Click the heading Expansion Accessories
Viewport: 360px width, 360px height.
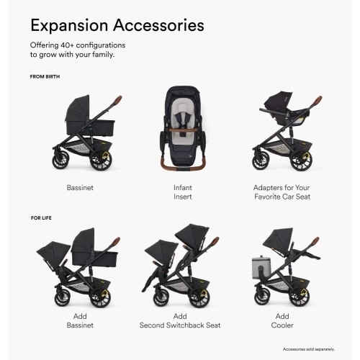(117, 26)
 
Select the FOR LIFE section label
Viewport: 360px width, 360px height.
(42, 216)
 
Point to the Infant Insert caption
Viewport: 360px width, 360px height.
(182, 191)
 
